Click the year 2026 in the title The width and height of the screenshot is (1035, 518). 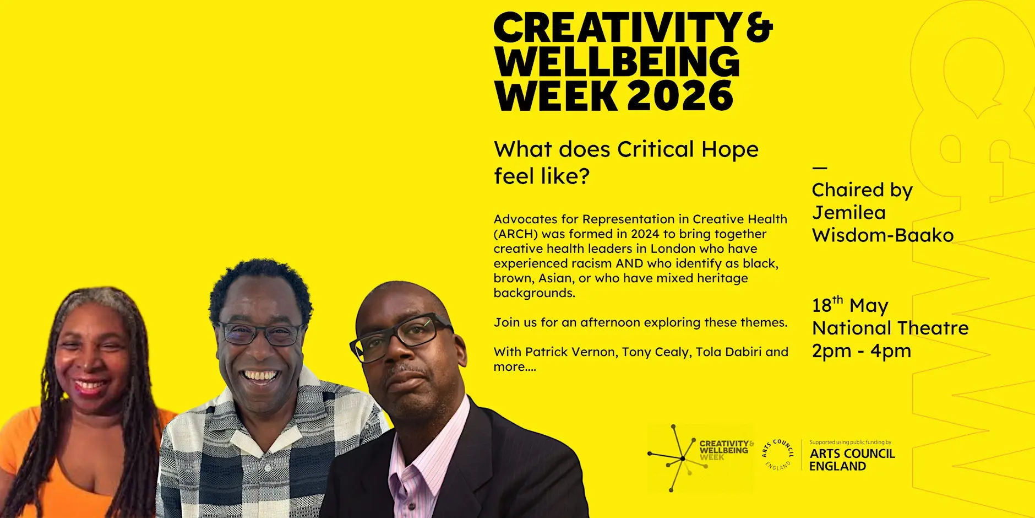pyautogui.click(x=680, y=96)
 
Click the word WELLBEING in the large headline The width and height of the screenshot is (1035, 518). pyautogui.click(x=617, y=62)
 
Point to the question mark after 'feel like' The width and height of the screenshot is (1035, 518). pyautogui.click(x=583, y=176)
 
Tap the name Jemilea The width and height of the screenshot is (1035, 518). pyautogui.click(x=849, y=213)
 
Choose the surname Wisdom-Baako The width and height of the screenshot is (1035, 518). pyautogui.click(x=883, y=235)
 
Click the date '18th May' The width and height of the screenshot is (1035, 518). pyautogui.click(x=850, y=305)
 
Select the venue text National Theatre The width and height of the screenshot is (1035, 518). pyautogui.click(x=890, y=328)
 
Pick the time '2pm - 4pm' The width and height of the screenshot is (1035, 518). pyautogui.click(x=862, y=351)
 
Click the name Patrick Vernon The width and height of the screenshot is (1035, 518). pyautogui.click(x=570, y=352)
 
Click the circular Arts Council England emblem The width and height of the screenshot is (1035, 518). pyautogui.click(x=777, y=455)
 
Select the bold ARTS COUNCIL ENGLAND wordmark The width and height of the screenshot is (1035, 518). pyautogui.click(x=852, y=460)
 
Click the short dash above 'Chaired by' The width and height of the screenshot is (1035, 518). pyautogui.click(x=820, y=168)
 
